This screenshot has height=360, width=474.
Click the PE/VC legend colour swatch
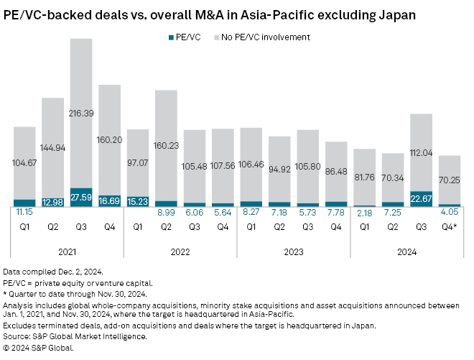click(x=169, y=37)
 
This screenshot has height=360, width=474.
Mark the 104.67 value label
click(x=24, y=164)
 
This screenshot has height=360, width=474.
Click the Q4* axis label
click(x=450, y=226)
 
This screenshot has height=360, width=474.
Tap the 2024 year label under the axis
click(x=406, y=251)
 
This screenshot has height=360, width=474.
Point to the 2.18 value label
click(x=364, y=213)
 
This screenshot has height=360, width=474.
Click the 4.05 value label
click(x=450, y=213)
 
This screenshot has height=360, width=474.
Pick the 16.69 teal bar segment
click(x=109, y=201)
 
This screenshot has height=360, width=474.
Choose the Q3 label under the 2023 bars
click(x=307, y=226)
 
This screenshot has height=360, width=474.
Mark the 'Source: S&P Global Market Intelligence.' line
click(x=75, y=336)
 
